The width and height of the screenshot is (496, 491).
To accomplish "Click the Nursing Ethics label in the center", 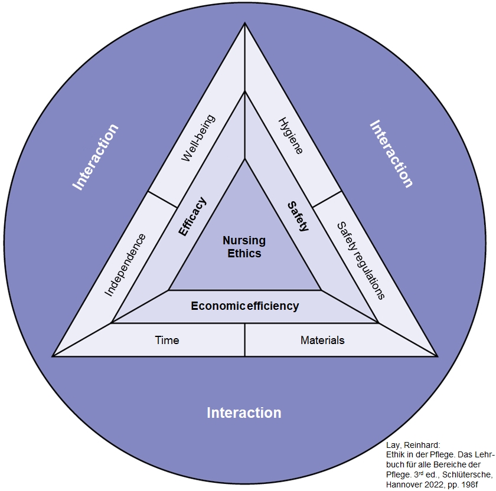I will (x=244, y=247).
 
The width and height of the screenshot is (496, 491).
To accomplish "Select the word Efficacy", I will (x=193, y=217).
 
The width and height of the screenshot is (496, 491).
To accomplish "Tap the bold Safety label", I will (x=298, y=216).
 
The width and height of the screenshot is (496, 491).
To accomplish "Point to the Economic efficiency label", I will (x=244, y=306).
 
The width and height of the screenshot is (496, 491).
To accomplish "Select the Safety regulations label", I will (x=360, y=260).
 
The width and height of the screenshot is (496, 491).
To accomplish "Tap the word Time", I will (x=167, y=341).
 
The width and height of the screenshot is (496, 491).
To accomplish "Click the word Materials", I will (x=322, y=341).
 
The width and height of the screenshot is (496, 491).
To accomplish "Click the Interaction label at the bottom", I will (x=244, y=413).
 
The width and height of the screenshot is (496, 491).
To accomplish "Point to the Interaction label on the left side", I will (x=96, y=156).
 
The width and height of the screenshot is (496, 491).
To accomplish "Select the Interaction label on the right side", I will (x=391, y=153).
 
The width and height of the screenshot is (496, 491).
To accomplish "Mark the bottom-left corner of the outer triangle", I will (x=53, y=356).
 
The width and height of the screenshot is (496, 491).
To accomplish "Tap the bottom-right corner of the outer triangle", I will (x=437, y=356).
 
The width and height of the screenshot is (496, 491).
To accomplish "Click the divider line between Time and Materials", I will (x=245, y=340).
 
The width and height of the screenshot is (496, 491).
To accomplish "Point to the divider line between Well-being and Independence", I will (x=162, y=199).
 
